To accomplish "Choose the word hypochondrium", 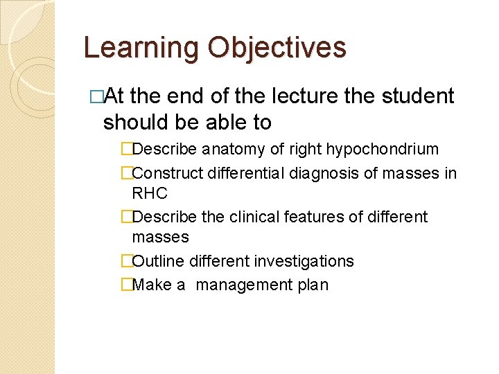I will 388,149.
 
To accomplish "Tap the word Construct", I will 166,173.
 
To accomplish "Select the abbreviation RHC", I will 150,193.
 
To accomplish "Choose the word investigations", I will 305,261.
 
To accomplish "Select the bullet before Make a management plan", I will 126,285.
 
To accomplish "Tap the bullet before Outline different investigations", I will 126,261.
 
